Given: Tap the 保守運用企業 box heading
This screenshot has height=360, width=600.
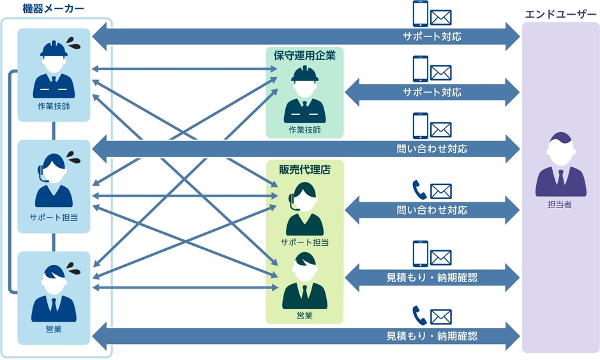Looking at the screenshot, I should click(x=304, y=56).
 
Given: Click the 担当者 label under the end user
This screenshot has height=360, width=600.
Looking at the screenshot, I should click(x=560, y=205).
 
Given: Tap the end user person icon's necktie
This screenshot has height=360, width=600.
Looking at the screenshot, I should click(x=560, y=177).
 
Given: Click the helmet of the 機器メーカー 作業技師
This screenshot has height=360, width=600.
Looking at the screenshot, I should click(x=54, y=49).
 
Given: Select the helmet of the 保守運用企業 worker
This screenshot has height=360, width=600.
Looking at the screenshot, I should click(x=304, y=74).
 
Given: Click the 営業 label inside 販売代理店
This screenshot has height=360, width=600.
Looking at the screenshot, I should click(x=304, y=315).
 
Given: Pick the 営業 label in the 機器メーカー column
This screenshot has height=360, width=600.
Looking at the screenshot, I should click(x=54, y=329).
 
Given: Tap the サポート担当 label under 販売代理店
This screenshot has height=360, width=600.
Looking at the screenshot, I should click(x=304, y=242).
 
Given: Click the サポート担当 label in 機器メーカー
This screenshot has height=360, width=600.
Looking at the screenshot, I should click(x=54, y=217).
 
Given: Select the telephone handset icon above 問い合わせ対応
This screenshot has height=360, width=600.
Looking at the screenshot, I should click(x=419, y=190).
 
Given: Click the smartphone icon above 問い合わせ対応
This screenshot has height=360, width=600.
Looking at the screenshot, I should click(x=419, y=126).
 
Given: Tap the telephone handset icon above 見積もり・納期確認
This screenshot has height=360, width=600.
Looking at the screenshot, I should click(x=419, y=315).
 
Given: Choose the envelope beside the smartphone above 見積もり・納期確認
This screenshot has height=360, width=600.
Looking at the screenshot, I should click(x=441, y=257).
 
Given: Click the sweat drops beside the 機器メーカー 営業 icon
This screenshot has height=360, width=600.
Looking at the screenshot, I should click(x=73, y=264).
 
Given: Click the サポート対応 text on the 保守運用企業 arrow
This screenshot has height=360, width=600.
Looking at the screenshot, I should click(x=432, y=93).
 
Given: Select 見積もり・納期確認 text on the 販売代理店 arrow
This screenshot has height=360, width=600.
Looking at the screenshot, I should click(x=432, y=278).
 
